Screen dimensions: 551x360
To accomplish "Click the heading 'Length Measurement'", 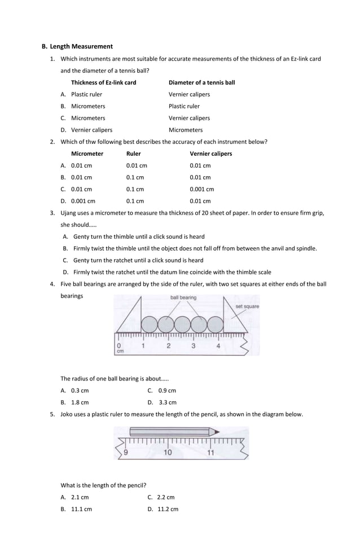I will click(81, 46).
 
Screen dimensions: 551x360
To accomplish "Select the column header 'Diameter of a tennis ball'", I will click(201, 82).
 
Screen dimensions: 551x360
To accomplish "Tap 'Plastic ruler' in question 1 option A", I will click(86, 94).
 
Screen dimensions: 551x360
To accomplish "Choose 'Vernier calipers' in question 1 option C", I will click(189, 118).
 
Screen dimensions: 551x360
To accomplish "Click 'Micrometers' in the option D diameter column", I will click(186, 130).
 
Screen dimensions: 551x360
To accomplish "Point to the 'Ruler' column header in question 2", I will click(134, 154).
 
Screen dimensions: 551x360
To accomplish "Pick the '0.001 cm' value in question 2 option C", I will click(201, 189).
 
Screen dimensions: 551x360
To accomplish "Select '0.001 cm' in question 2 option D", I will click(83, 201).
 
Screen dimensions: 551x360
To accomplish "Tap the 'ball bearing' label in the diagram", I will click(183, 298).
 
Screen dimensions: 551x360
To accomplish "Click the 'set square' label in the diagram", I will click(247, 307).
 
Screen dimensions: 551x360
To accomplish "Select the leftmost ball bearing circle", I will click(150, 325).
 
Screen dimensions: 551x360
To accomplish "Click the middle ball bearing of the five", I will click(182, 325).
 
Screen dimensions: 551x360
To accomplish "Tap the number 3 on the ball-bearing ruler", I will click(194, 346).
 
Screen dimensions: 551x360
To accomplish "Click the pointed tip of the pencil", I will click(219, 432).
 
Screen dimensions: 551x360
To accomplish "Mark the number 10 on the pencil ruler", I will click(168, 452).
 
